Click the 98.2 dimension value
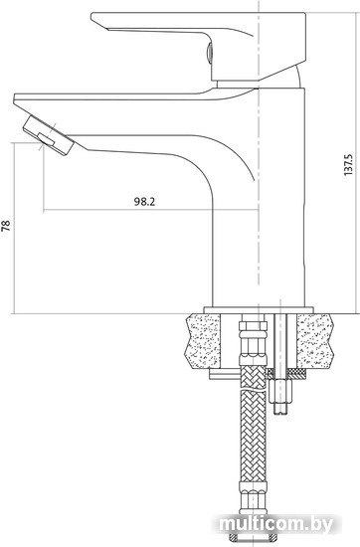pos(144,201)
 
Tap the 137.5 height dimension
pos(348,164)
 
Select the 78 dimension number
pos(6,226)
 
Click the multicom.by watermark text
pos(275,523)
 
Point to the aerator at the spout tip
pos(49,135)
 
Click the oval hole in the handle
pos(209,53)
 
